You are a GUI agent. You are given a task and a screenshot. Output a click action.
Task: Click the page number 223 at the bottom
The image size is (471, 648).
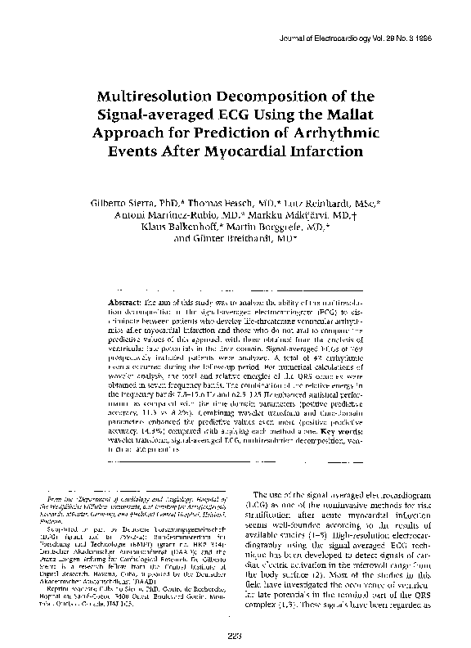(236, 633)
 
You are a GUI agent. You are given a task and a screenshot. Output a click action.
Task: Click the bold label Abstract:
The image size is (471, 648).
(125, 303)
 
